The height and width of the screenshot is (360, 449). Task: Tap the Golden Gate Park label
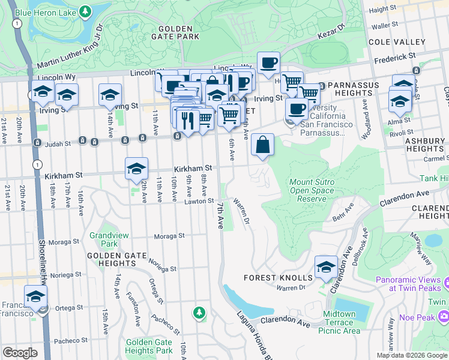176,32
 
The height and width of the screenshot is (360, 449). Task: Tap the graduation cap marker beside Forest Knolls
326,267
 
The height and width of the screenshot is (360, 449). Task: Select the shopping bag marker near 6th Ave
262,145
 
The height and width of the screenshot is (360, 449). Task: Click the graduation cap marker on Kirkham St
136,169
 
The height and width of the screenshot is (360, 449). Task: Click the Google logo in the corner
20,352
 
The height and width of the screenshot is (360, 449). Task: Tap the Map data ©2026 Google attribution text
412,355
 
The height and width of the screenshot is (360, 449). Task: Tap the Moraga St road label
169,236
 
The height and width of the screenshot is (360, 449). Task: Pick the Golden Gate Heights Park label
149,346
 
